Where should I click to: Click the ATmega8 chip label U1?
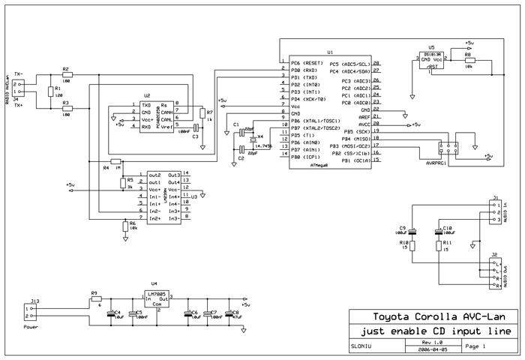point(330,53)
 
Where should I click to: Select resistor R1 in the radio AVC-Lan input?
point(50,91)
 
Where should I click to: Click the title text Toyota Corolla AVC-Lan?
point(433,316)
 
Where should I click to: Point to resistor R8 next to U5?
point(467,61)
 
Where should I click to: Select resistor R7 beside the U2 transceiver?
point(202,113)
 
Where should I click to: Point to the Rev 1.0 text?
point(424,343)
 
